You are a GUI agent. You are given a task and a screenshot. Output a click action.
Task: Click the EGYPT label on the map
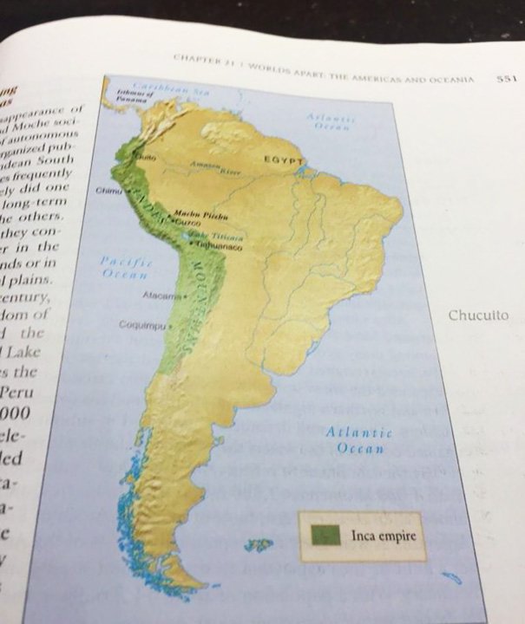(284, 161)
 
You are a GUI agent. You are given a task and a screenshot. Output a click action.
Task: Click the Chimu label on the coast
(109, 190)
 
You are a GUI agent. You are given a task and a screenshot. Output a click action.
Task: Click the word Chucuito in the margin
(478, 315)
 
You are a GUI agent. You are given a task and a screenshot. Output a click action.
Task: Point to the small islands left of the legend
(258, 545)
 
